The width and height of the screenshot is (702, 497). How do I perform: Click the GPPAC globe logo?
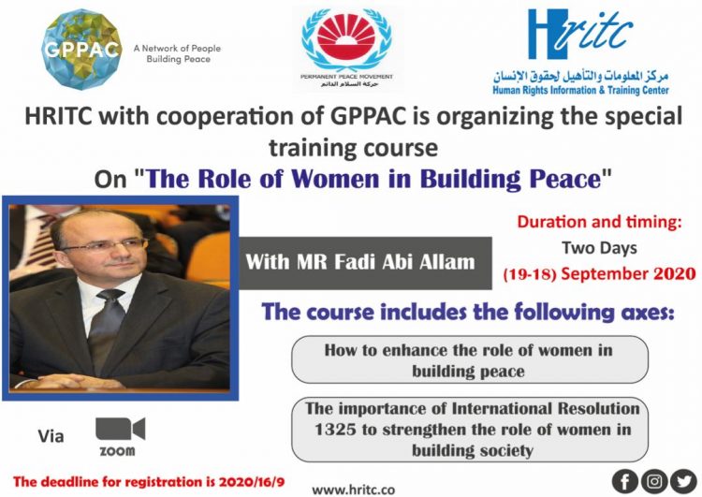coord(82,47)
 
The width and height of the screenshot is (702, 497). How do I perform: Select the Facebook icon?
coord(625,480)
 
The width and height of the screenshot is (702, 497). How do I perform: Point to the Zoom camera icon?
coord(120,430)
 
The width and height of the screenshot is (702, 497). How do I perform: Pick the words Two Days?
coord(600,249)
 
